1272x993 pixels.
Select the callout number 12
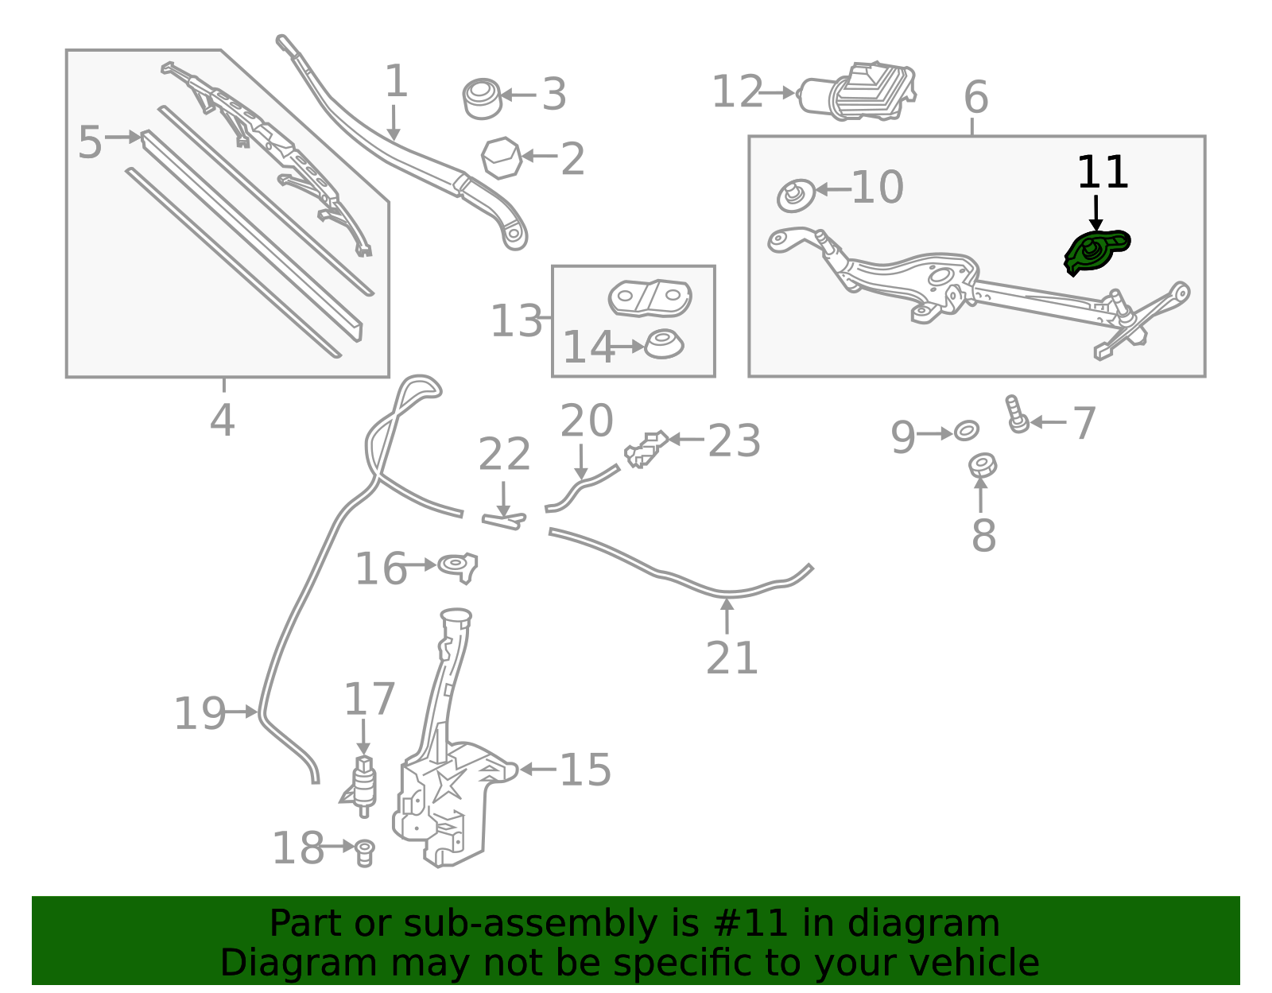pos(737,92)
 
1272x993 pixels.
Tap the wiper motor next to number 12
pos(856,92)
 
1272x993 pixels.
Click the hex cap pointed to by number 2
pos(501,157)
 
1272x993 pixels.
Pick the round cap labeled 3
pos(483,99)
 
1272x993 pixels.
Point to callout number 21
pos(731,658)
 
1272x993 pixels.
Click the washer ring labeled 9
pos(967,431)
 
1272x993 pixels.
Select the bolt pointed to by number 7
pos(1018,413)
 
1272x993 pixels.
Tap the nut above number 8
pos(983,466)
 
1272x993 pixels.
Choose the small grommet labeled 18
pos(365,853)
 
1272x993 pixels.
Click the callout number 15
pos(585,770)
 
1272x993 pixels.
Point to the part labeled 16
pos(459,567)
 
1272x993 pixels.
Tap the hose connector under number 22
pos(503,520)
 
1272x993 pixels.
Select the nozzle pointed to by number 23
pos(645,449)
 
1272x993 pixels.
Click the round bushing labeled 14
pos(664,344)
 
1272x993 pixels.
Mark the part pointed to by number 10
pos(796,196)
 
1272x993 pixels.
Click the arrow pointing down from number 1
pos(394,123)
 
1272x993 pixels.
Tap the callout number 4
pos(223,420)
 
